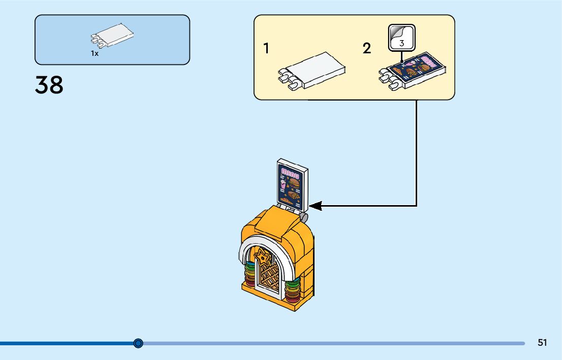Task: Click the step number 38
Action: click(x=49, y=85)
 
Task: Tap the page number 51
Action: click(x=542, y=343)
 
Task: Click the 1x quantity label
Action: click(x=95, y=53)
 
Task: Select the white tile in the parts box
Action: click(x=114, y=35)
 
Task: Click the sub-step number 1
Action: click(x=266, y=49)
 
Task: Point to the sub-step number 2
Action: click(x=366, y=49)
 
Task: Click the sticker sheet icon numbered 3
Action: click(x=401, y=38)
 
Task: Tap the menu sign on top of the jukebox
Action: click(x=292, y=186)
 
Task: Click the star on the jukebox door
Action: click(x=263, y=257)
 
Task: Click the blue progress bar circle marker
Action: click(x=138, y=343)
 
